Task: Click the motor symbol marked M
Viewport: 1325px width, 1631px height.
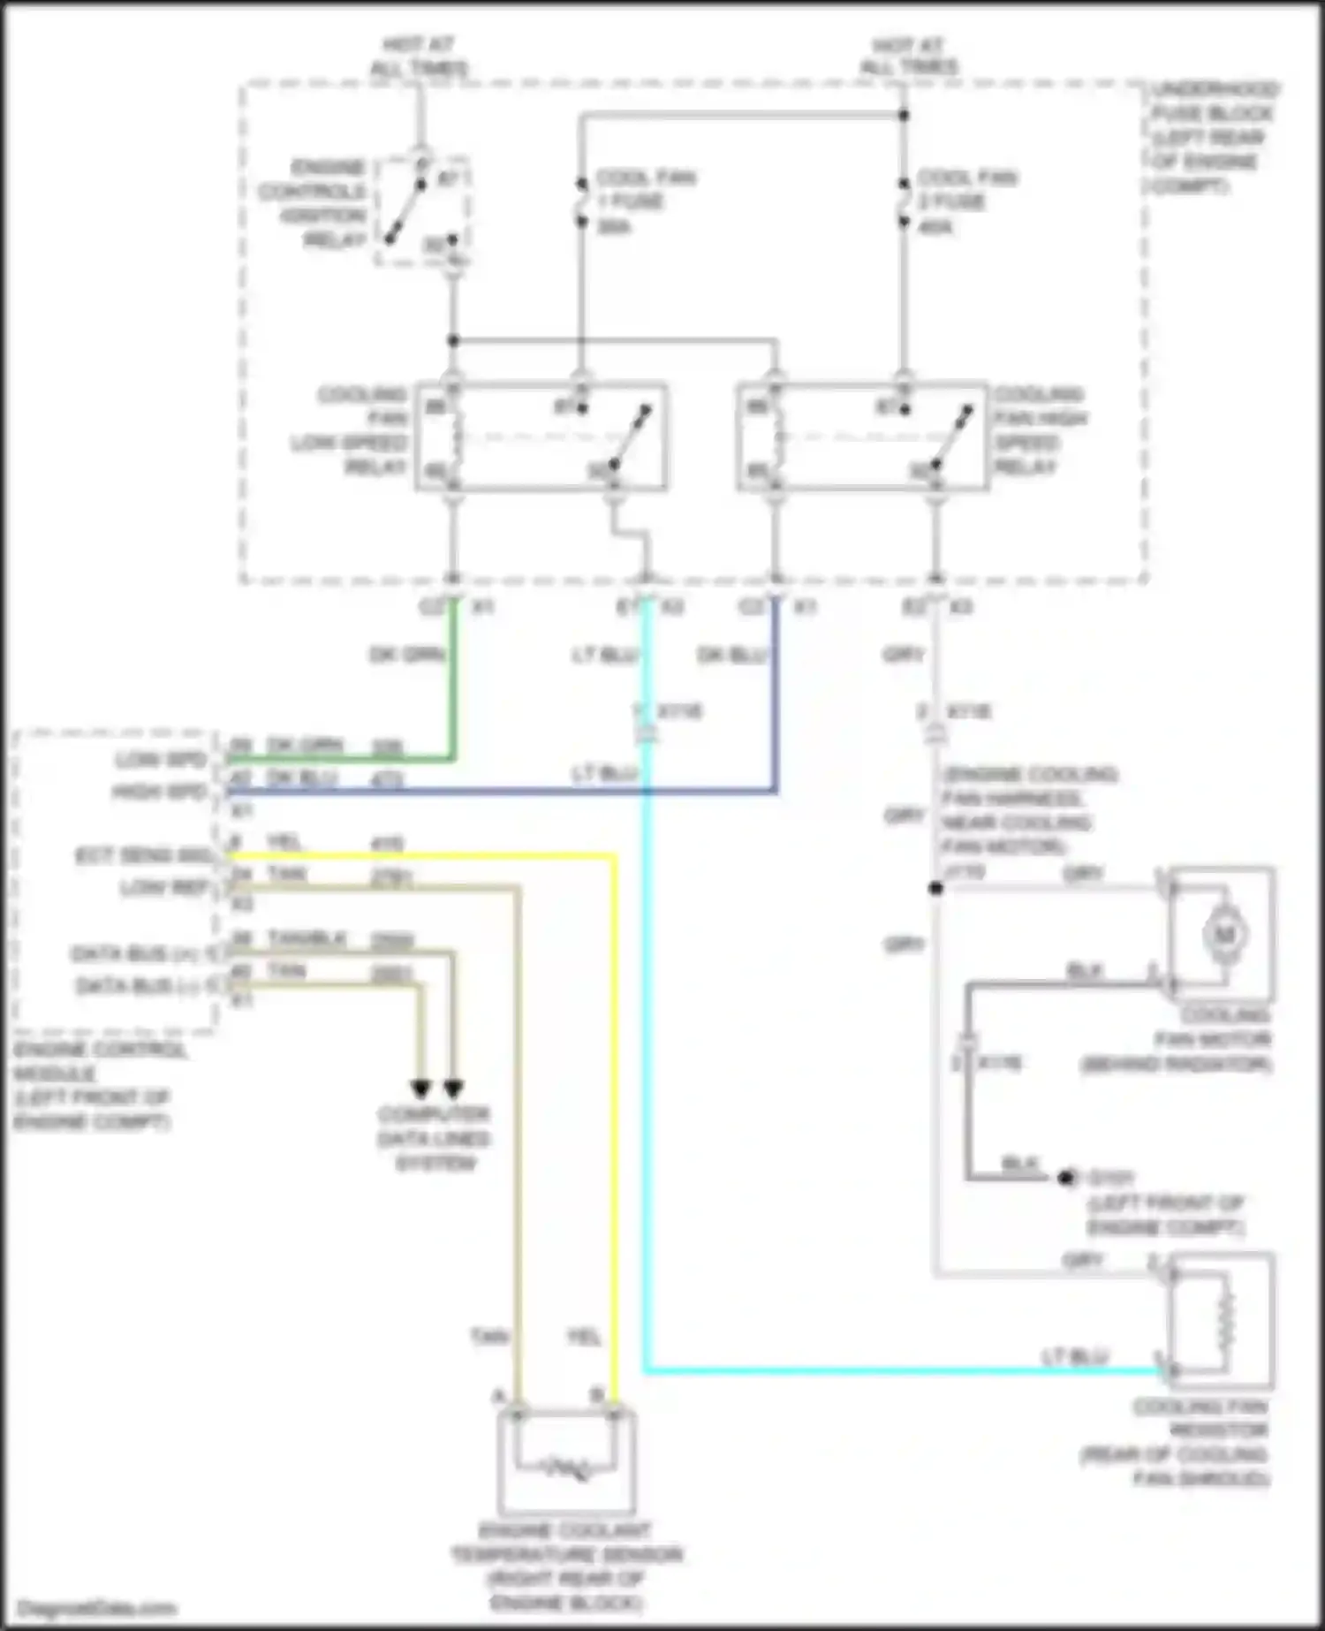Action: click(x=1223, y=933)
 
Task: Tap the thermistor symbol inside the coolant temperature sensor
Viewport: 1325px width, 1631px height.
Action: click(x=566, y=1469)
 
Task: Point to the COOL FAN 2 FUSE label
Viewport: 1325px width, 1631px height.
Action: click(x=965, y=201)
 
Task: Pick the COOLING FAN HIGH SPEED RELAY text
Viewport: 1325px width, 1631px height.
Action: click(x=1041, y=429)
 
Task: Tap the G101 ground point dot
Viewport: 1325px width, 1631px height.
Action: click(x=1066, y=1178)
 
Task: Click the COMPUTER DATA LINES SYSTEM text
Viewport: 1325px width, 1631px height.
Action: click(x=434, y=1138)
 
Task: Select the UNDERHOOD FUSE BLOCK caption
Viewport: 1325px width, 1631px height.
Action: click(x=1214, y=137)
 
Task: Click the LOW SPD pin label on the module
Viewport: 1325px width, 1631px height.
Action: click(x=160, y=760)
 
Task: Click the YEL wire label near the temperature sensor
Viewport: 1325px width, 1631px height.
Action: click(x=583, y=1338)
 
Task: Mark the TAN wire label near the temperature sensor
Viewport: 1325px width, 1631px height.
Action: click(x=488, y=1338)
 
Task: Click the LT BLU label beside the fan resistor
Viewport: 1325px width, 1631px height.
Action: click(x=1075, y=1355)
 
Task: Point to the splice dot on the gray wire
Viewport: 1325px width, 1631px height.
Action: click(x=935, y=888)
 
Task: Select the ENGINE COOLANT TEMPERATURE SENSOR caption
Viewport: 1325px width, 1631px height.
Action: click(x=566, y=1566)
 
